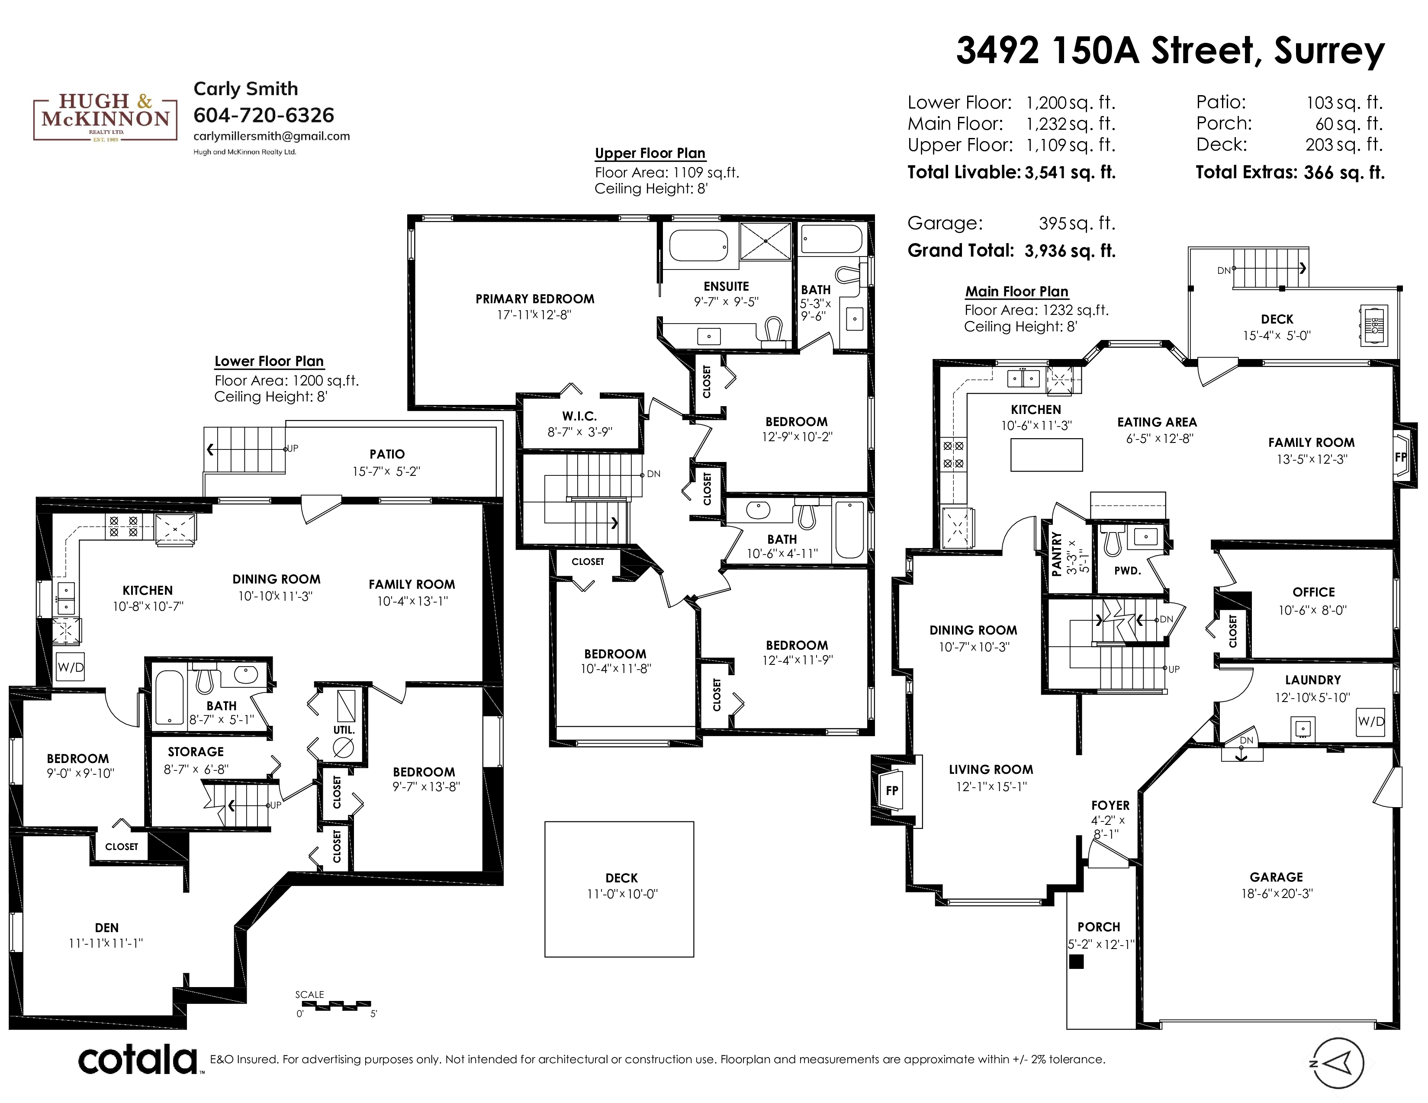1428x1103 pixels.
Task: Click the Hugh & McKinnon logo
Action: pos(105,118)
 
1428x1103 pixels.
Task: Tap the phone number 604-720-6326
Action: pos(264,115)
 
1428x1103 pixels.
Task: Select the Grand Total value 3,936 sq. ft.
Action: pos(1070,251)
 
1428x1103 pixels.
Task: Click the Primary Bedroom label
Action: pos(535,298)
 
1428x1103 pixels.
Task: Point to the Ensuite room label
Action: pos(726,286)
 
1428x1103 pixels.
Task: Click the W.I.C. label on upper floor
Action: pos(579,416)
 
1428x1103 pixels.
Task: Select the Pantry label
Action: pos(1057,554)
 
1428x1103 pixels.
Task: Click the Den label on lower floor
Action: pos(106,927)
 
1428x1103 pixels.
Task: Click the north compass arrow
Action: pos(1338,1063)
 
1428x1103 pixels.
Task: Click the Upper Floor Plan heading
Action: pos(650,154)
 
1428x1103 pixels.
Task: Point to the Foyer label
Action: pos(1110,806)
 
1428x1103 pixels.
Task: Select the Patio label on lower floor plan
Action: pos(387,454)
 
